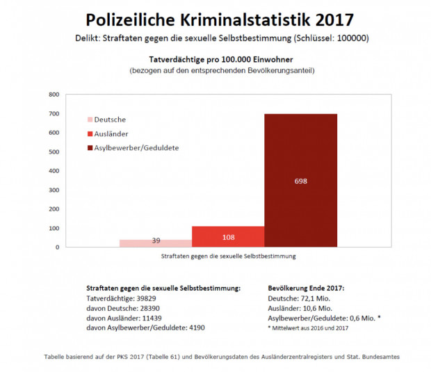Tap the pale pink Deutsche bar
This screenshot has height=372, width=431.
coord(156,243)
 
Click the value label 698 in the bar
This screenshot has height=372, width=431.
coord(300,181)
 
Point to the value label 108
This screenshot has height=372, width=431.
coord(228,237)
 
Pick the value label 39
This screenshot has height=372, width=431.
coord(156,241)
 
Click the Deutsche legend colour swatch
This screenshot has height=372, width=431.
coord(90,120)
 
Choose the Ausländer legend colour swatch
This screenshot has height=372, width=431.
coord(90,134)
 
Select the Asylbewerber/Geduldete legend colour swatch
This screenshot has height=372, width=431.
coord(90,147)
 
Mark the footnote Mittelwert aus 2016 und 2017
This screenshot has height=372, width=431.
coord(310,327)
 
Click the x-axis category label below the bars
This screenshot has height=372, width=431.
coord(228,256)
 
